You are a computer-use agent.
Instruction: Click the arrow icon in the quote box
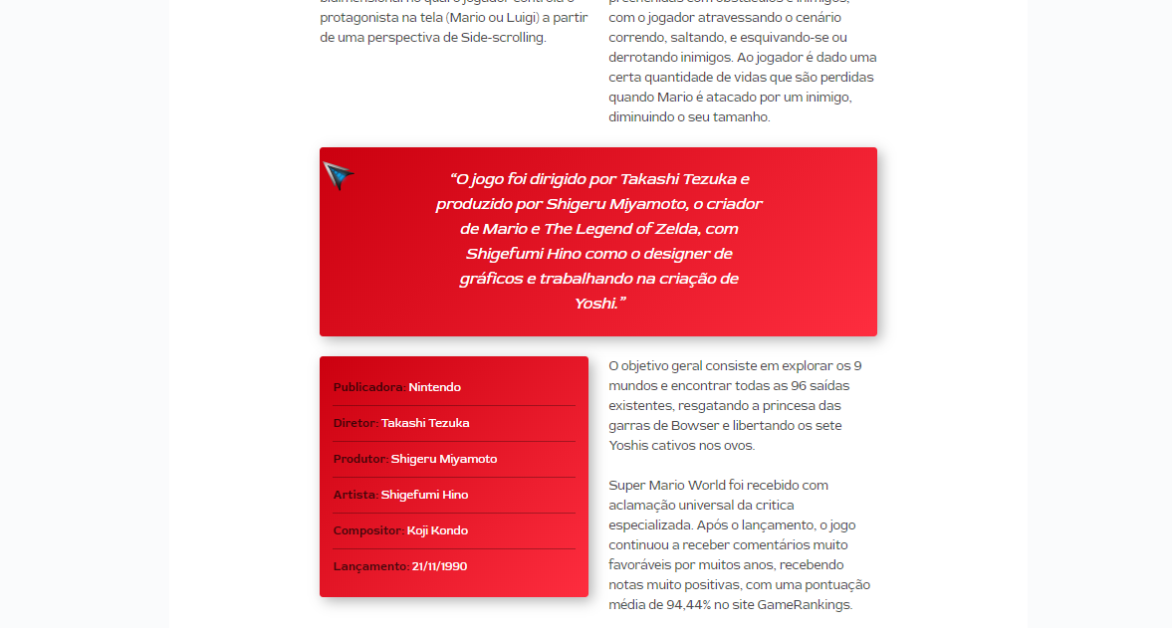point(339,175)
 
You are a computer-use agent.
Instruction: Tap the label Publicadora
point(368,387)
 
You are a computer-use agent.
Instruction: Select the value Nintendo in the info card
point(435,387)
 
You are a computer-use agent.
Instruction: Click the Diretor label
point(355,423)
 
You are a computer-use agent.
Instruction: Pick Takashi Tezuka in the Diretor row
point(425,423)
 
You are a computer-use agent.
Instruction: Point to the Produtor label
point(360,459)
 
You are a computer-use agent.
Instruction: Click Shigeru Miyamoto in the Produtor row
point(444,459)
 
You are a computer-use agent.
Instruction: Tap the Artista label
point(355,495)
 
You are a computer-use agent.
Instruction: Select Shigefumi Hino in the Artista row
point(424,495)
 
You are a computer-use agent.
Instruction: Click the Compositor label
point(368,530)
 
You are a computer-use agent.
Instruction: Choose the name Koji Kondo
point(437,530)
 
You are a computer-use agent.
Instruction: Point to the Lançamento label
point(370,566)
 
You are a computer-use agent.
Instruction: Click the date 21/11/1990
point(439,566)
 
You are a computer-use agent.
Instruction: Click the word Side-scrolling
point(503,38)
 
